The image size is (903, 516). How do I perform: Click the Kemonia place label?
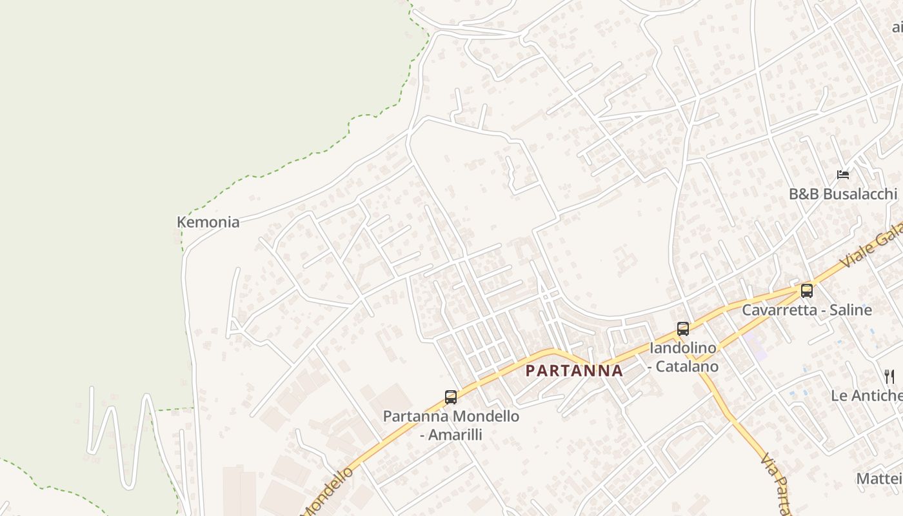click(208, 223)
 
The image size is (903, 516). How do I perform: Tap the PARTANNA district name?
click(574, 371)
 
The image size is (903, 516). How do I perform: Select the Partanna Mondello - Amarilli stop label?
click(451, 425)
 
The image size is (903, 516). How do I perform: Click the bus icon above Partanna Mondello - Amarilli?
click(451, 397)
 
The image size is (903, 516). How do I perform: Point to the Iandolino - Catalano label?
click(683, 357)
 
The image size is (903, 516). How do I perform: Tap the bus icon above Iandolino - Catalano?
click(683, 329)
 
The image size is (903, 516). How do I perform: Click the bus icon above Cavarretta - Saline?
click(806, 290)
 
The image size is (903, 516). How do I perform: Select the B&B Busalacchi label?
click(843, 194)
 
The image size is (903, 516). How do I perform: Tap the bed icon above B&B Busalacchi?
click(843, 175)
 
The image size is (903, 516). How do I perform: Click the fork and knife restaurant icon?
click(889, 376)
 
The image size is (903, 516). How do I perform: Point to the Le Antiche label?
click(866, 395)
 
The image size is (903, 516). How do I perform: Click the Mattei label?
click(878, 479)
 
